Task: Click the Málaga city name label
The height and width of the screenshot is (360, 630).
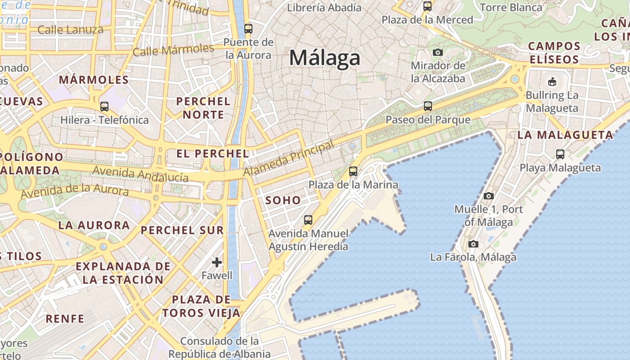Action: [324, 58]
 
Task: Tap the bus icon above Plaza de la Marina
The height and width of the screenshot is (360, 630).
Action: [353, 171]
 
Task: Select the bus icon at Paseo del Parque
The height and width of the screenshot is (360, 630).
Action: [427, 106]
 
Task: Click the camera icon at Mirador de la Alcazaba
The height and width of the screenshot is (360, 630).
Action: [437, 52]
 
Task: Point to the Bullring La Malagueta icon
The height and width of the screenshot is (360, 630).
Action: [552, 81]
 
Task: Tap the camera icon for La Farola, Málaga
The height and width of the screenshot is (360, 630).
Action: [473, 244]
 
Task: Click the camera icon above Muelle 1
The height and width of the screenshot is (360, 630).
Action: [488, 196]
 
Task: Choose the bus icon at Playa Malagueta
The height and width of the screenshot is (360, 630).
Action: [560, 154]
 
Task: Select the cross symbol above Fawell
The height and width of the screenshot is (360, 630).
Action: [217, 262]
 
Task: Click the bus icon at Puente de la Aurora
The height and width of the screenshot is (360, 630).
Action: [248, 29]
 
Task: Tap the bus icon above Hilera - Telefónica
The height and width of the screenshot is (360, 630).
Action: [104, 107]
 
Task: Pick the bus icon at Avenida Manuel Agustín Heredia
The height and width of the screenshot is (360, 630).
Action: [308, 220]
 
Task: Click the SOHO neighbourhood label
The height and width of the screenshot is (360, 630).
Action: [283, 200]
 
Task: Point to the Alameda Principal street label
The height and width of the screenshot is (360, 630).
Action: [289, 158]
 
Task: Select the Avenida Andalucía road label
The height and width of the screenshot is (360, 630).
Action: [140, 174]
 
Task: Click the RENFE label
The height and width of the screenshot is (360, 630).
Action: [65, 319]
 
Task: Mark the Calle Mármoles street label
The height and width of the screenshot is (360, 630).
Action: [173, 50]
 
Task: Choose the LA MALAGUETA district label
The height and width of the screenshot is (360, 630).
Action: [565, 135]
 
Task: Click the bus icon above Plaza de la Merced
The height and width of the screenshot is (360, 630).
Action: [427, 6]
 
